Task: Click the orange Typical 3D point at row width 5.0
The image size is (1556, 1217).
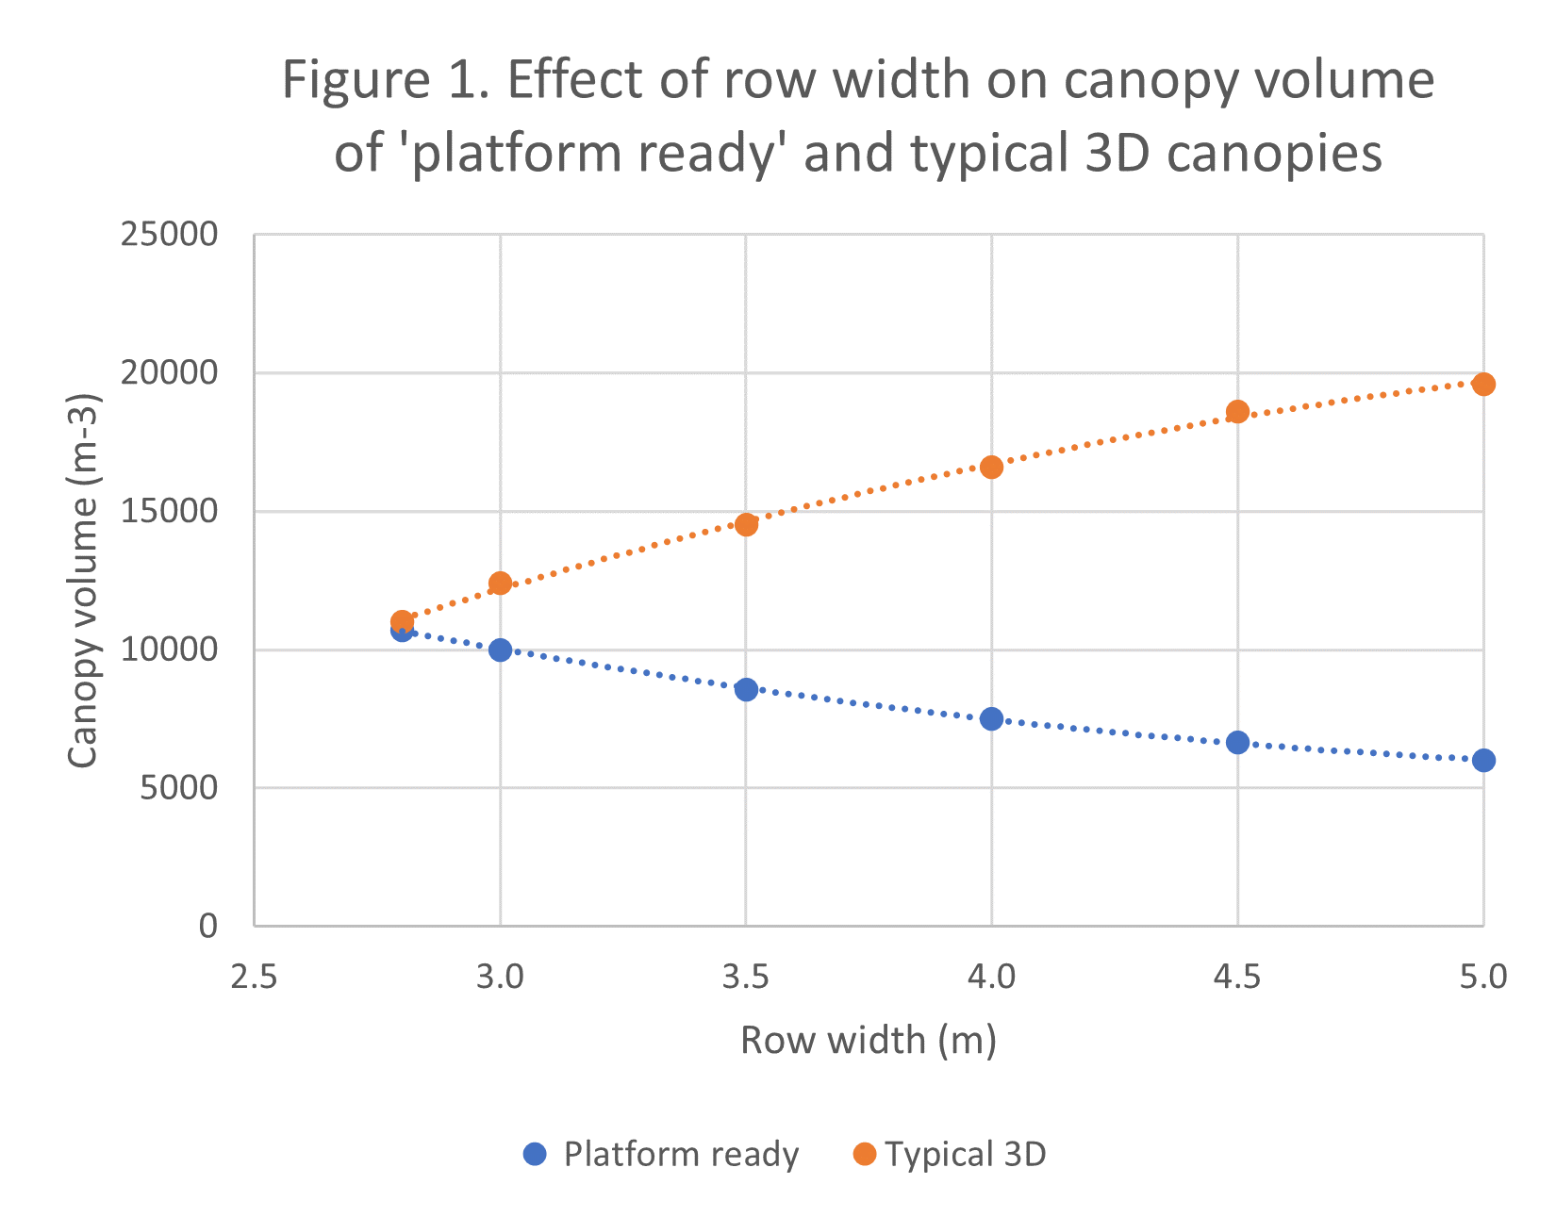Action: coord(1483,384)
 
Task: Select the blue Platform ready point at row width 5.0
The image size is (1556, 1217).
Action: coord(1483,760)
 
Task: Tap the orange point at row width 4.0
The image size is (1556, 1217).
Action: coord(991,467)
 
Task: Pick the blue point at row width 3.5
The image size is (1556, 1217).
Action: coord(746,689)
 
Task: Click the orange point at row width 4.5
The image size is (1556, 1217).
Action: coord(1237,411)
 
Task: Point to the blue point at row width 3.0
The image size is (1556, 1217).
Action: coord(500,650)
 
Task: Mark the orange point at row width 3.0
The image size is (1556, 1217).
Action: coord(500,583)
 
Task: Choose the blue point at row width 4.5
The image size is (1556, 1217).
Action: coord(1237,742)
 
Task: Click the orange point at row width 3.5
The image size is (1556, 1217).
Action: coord(746,524)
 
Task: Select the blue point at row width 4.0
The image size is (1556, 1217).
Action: coord(991,718)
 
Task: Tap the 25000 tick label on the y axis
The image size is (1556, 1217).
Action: coord(169,235)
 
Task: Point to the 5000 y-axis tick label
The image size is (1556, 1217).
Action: coord(178,788)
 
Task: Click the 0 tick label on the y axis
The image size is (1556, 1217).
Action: coord(207,927)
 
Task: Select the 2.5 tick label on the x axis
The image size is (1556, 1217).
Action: coord(254,977)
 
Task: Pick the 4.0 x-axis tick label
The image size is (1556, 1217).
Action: coord(991,977)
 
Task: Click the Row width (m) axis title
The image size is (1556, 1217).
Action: coord(868,1041)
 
